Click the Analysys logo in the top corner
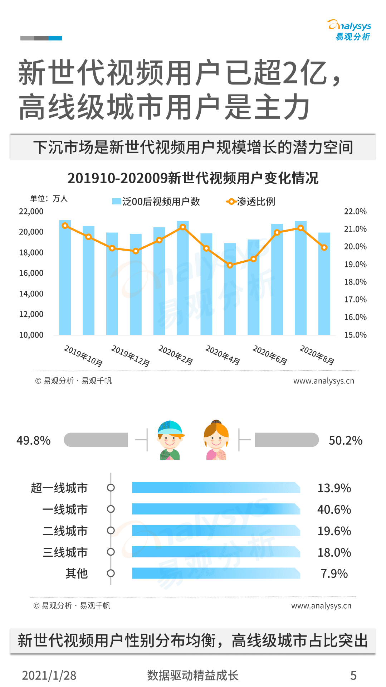pos(349,30)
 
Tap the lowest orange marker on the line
pos(230,265)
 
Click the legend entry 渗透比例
pos(251,202)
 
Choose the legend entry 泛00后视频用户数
pos(156,202)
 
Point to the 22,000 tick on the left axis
pos(31,212)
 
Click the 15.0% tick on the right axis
pos(355,335)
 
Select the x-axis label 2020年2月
pos(176,355)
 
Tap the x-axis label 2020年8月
pos(317,355)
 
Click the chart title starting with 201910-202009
pos(193,178)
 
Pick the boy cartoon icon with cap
pos(170,440)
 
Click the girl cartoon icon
pos(216,440)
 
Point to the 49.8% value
pos(34,440)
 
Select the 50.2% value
pos(346,440)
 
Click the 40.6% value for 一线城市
pos(334,509)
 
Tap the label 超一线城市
pos(59,488)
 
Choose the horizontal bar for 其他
pos(216,573)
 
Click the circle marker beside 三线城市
pos(111,552)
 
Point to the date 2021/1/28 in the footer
pos(49,675)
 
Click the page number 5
pos(353,675)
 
